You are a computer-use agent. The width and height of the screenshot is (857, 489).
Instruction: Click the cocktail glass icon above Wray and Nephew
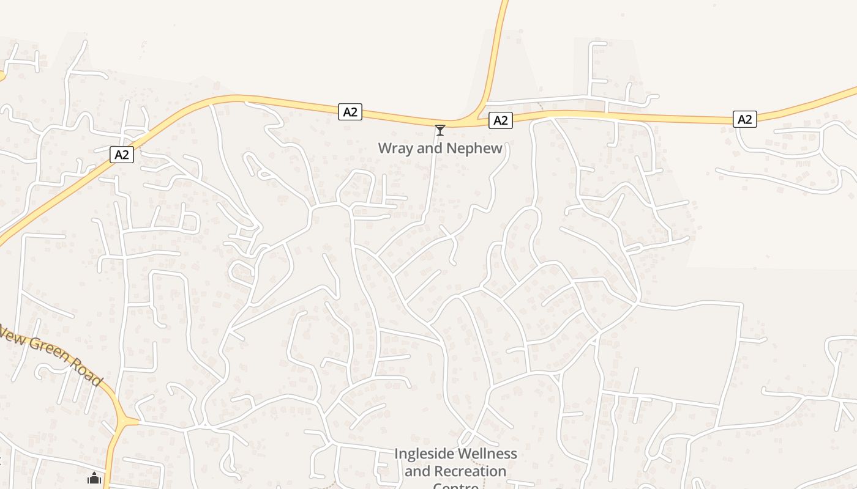click(x=440, y=130)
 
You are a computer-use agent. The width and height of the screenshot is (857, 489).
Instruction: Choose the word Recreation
click(x=471, y=472)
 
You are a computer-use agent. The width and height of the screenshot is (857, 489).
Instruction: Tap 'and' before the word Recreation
click(x=417, y=472)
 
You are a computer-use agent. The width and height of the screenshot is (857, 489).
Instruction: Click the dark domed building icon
click(x=94, y=478)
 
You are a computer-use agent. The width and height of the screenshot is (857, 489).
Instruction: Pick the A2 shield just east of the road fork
click(x=501, y=120)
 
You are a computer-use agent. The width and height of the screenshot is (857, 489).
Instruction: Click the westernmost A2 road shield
click(x=122, y=155)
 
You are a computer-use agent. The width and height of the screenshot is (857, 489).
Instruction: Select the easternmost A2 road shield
click(x=744, y=119)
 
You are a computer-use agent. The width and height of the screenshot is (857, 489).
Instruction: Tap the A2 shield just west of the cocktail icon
click(x=350, y=112)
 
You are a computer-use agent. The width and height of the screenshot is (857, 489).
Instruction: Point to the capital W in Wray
click(x=384, y=148)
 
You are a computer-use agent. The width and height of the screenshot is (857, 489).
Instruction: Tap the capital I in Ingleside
click(x=396, y=454)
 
